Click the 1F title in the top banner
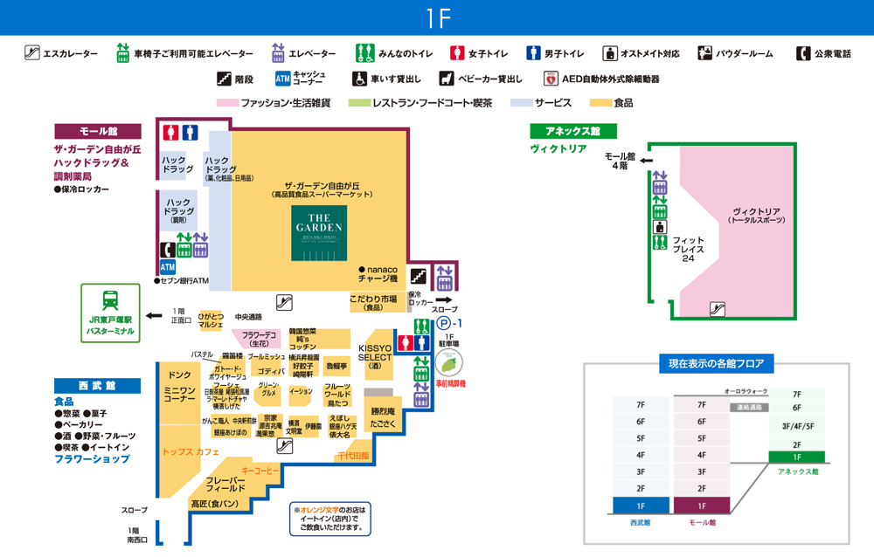coord(437,17)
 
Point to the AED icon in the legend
coord(551,79)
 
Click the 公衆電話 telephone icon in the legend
coord(803,53)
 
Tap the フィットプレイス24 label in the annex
coord(688,249)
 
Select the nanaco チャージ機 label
coord(378,274)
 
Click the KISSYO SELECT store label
coord(376,356)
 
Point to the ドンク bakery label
coord(180,375)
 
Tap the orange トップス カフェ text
coord(191,452)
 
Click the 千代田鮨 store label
coord(353,456)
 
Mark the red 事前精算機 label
coord(450,383)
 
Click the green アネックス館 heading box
coord(573,131)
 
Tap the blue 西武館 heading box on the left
coord(97,385)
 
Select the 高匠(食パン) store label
coord(214,504)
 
